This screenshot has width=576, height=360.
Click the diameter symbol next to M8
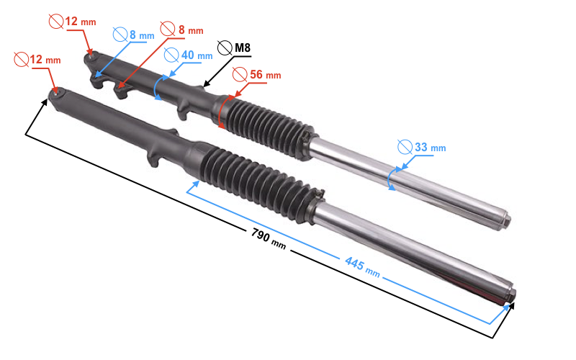[x=224, y=49]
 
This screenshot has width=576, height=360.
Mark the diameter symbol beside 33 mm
[x=405, y=148]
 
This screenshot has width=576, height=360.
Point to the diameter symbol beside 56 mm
[x=240, y=74]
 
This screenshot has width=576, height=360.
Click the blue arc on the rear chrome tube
[x=391, y=179]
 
